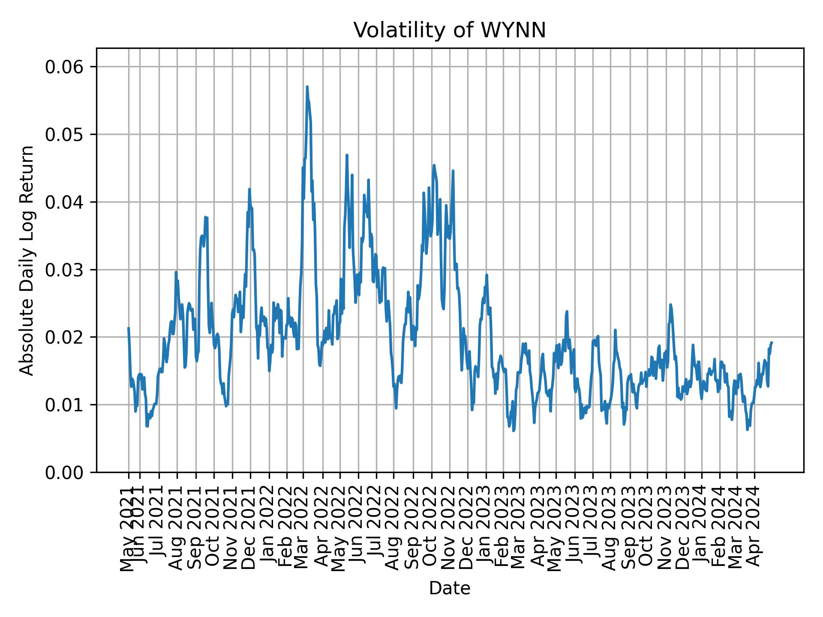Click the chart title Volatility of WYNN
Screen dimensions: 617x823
point(449,30)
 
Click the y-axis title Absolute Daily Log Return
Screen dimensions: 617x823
point(27,260)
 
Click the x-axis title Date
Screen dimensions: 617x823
point(449,588)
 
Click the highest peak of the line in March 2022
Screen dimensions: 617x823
point(307,87)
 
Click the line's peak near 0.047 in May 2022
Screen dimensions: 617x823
point(347,156)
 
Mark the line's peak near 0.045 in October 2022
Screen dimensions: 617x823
point(434,165)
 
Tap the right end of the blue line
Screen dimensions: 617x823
point(772,342)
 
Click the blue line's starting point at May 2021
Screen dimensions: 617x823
point(129,328)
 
